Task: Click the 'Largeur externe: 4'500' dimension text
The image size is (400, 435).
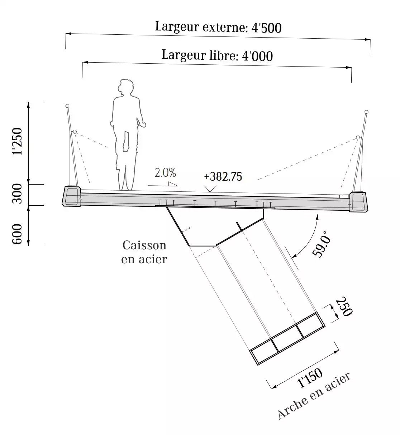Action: click(218, 27)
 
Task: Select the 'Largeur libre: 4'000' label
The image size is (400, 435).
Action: click(217, 55)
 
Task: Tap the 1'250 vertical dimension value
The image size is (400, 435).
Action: click(17, 141)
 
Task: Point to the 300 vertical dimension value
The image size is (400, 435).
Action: click(17, 194)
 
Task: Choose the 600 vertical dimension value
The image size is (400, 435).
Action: click(17, 234)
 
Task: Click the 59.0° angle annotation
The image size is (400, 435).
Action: click(322, 244)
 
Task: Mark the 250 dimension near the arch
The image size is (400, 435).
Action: click(344, 307)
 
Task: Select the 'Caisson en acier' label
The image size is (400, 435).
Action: click(144, 252)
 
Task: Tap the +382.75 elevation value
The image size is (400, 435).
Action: click(223, 177)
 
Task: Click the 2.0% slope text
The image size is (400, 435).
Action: click(165, 173)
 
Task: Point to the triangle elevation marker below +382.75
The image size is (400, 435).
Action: click(210, 188)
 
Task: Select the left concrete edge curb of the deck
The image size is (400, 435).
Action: click(72, 196)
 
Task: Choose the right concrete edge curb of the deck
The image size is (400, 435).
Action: click(359, 202)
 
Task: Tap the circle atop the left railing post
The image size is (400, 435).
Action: click(67, 106)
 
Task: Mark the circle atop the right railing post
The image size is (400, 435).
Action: click(367, 112)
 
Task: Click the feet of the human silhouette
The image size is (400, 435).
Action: click(125, 188)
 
